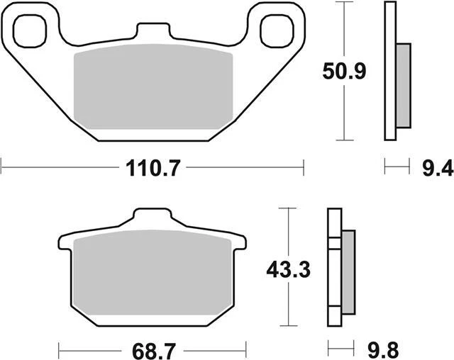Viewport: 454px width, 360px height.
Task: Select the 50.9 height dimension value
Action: coord(344,72)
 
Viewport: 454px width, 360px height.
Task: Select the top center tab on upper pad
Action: coord(153,32)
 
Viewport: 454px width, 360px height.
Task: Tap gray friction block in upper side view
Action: coord(403,85)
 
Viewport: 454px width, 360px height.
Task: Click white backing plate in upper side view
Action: coord(389,71)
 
